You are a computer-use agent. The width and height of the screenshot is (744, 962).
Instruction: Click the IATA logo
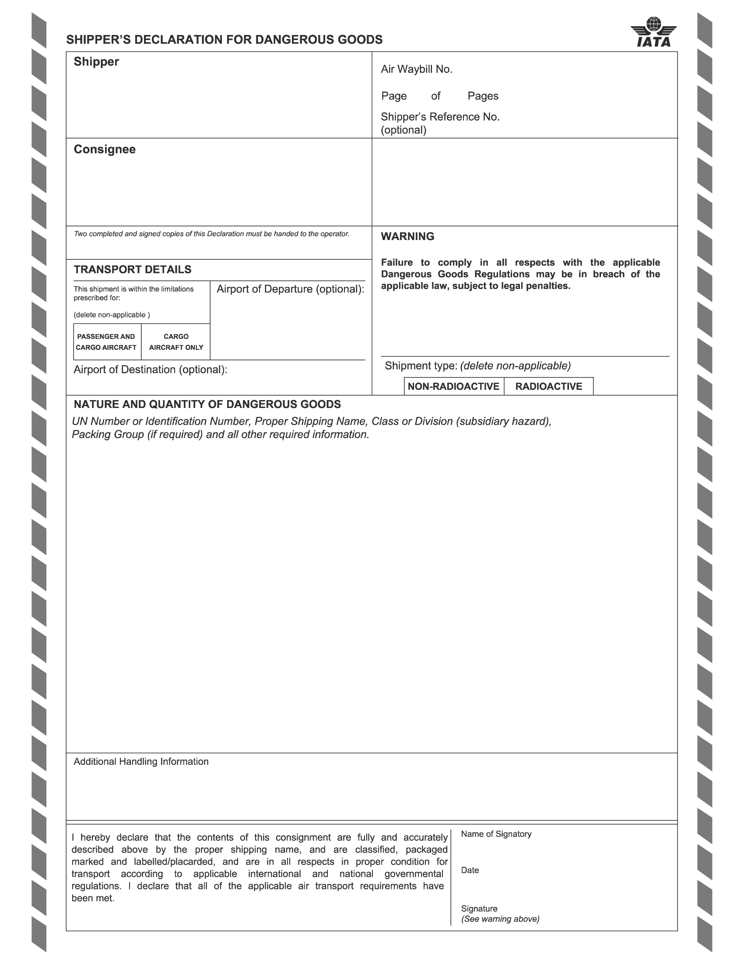coord(653,33)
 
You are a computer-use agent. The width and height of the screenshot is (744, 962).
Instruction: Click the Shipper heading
coord(96,62)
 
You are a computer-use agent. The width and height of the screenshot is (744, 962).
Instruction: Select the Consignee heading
coord(105,149)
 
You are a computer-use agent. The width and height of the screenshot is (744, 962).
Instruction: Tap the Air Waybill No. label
coord(417,69)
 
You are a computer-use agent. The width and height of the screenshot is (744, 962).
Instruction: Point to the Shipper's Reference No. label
coord(440,117)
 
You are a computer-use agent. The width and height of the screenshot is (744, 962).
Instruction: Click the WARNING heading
coord(407,237)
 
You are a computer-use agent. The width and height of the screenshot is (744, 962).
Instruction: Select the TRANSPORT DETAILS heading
coord(132,269)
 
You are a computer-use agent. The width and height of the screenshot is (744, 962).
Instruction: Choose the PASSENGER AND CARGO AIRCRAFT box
coord(106,342)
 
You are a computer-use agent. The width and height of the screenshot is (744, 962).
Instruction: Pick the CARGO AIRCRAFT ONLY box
coord(176,342)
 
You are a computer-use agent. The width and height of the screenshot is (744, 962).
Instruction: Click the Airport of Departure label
coord(290,289)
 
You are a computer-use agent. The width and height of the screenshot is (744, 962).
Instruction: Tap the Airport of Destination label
coord(150,369)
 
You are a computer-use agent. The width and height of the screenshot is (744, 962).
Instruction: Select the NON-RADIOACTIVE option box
coord(453,386)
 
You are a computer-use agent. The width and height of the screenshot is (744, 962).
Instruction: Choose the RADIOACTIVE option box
coord(548,386)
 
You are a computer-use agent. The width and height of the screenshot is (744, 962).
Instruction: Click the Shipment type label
coord(421,366)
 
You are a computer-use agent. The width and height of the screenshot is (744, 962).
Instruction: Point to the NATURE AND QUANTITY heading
coord(207,404)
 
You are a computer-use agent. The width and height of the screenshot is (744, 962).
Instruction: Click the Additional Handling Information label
coord(141,762)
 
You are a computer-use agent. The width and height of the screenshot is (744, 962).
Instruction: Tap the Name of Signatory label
coord(496,834)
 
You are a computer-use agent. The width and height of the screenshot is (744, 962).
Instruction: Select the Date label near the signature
coord(470,870)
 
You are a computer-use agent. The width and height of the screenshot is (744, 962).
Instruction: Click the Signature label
coord(479,908)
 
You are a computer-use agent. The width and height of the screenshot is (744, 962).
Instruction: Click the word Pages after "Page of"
coord(483,96)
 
